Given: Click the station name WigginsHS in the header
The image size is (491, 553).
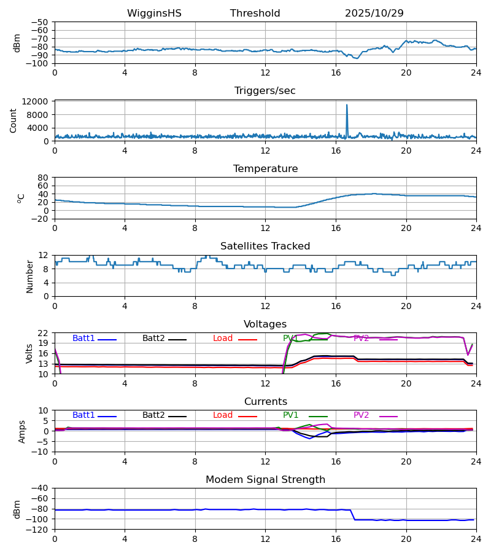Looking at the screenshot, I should coord(154,14).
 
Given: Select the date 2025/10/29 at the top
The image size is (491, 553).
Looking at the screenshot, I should coord(374,14).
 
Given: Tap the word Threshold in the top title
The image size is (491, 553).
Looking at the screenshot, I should coord(255,14).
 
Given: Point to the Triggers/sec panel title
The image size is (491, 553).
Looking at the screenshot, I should coord(265,91).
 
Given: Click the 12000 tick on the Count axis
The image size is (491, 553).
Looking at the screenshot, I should coord(40,101).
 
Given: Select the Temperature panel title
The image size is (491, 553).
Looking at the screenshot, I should coord(265,169).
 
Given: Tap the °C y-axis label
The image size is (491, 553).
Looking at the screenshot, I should coord(21,198).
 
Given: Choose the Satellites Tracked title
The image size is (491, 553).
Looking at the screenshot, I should coord(265,246).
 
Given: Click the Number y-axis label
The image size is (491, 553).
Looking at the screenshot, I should coord(30,276).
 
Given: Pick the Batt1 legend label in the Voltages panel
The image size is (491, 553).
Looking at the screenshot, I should coord(84,339).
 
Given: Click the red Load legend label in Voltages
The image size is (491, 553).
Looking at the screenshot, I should coord(223,339).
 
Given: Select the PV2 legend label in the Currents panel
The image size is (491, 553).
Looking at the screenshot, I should coord(361,415).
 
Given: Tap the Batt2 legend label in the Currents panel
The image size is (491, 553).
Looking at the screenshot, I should coord(154,415).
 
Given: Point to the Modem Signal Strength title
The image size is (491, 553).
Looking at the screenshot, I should coord(265,480).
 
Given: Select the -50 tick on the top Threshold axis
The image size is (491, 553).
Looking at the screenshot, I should coord(40,22).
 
